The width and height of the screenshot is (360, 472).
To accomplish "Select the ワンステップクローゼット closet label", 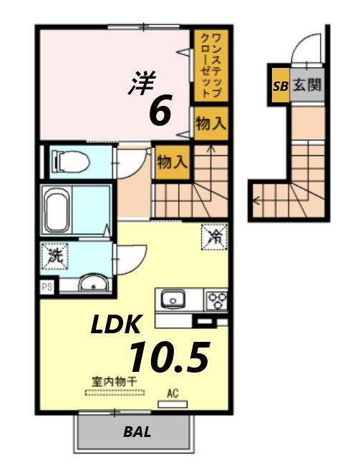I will tap(209, 65).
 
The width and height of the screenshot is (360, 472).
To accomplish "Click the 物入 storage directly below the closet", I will tap(210, 123).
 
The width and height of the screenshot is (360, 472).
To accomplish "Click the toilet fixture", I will tap(70, 161).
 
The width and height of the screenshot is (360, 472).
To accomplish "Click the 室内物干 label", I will tap(114, 381).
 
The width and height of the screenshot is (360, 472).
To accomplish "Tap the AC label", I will tap(172, 393).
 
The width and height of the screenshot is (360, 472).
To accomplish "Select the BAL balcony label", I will tap(136, 432).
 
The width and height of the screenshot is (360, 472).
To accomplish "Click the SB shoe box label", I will tap(278, 85).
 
